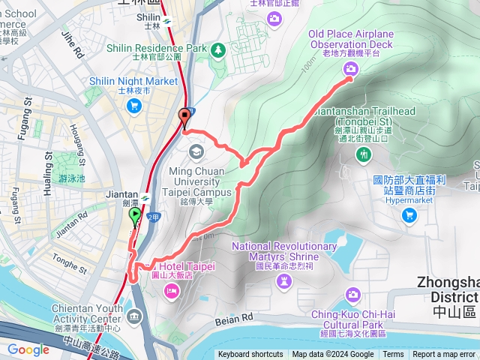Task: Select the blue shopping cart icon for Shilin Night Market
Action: tap(133, 105)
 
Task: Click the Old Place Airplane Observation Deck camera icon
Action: tap(350, 70)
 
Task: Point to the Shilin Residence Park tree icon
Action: tap(217, 49)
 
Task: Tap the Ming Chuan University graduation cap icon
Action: tap(196, 152)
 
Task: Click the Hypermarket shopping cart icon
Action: tap(409, 215)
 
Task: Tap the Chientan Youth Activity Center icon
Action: tap(134, 316)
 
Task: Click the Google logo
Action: tap(28, 349)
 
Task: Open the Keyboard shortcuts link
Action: tap(250, 355)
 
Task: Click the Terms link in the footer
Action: tap(395, 355)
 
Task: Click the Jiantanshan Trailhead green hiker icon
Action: tap(364, 154)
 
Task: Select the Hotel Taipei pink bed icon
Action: tap(170, 289)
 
